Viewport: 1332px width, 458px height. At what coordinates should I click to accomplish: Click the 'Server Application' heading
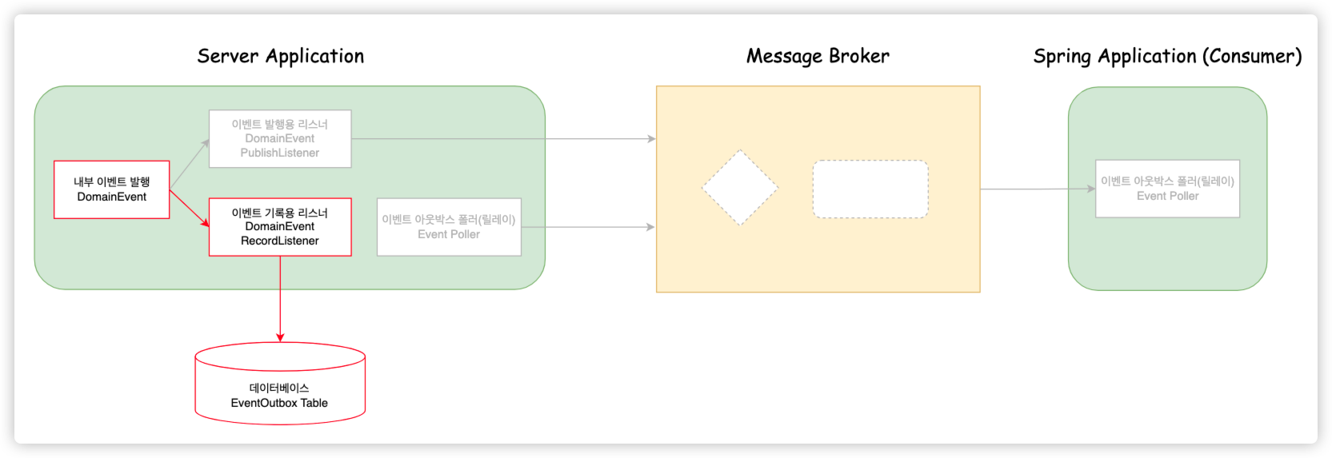[x=280, y=56]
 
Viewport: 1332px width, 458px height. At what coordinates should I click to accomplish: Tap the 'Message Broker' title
[x=817, y=56]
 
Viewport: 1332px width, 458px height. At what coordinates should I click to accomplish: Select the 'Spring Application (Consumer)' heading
[x=1167, y=56]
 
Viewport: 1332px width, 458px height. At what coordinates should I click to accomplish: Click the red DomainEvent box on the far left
[x=111, y=189]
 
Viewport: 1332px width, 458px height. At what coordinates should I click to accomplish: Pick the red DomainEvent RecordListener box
[x=280, y=227]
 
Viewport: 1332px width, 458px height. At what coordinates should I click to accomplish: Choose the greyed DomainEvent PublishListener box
[x=280, y=138]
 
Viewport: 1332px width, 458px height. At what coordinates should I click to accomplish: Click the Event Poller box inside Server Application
[x=449, y=227]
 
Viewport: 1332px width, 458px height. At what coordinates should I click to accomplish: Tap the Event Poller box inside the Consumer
[x=1167, y=189]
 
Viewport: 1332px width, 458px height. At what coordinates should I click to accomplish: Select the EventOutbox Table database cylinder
[x=280, y=384]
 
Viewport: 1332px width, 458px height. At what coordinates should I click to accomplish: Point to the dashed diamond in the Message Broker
[x=740, y=188]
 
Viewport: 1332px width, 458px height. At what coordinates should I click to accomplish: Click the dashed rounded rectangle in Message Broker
[x=870, y=189]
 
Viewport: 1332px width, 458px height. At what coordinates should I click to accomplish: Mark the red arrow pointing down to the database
[x=280, y=300]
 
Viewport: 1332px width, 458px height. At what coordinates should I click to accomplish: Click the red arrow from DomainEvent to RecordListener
[x=190, y=208]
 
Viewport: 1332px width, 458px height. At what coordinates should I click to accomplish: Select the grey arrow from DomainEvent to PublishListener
[x=190, y=164]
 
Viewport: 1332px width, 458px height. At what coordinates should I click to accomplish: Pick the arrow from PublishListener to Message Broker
[x=504, y=139]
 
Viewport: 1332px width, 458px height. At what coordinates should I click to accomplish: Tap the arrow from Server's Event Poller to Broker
[x=588, y=227]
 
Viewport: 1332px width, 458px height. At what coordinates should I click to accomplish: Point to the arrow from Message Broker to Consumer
[x=1038, y=189]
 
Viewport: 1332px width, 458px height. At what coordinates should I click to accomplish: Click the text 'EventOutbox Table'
[x=279, y=403]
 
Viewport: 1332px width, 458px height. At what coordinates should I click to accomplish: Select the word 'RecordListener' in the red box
[x=280, y=241]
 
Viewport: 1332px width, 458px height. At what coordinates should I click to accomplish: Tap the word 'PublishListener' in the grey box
[x=280, y=153]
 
